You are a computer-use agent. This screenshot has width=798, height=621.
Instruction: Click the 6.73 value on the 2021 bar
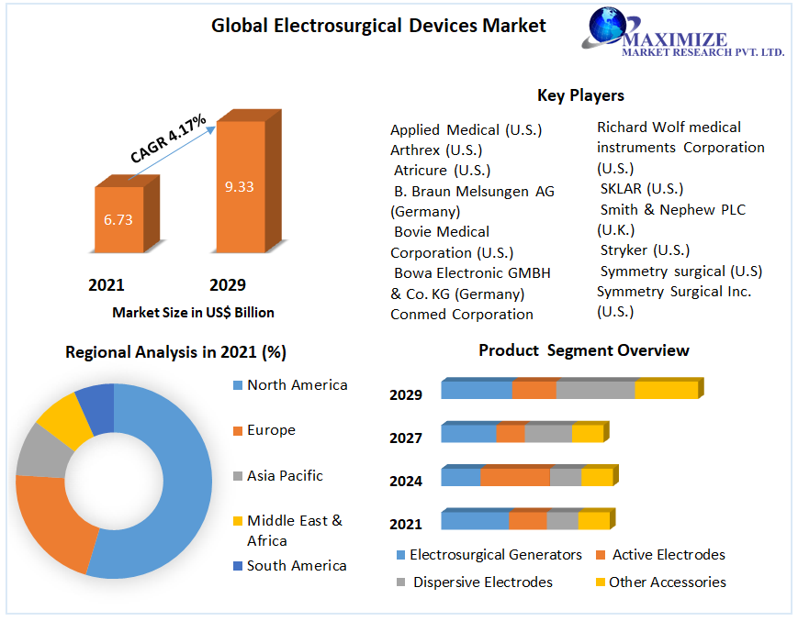118,219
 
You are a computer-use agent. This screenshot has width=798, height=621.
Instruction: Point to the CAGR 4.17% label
168,139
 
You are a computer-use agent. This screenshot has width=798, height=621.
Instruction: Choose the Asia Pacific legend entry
285,476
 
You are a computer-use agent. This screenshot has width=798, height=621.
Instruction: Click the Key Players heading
580,95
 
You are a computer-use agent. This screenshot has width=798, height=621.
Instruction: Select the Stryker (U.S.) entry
645,250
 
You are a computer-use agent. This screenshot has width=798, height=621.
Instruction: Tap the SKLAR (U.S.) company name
641,189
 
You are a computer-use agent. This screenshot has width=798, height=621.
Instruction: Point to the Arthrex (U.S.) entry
436,150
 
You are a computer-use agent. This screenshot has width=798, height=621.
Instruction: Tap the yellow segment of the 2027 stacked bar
588,434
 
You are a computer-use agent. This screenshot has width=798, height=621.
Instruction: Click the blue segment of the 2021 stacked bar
474,521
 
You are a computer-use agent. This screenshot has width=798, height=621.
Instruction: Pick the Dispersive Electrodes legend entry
482,582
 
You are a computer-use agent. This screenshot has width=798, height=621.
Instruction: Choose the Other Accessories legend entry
667,582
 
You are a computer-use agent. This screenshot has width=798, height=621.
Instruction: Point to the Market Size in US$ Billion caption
193,313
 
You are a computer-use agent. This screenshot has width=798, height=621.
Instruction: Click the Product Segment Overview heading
583,350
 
